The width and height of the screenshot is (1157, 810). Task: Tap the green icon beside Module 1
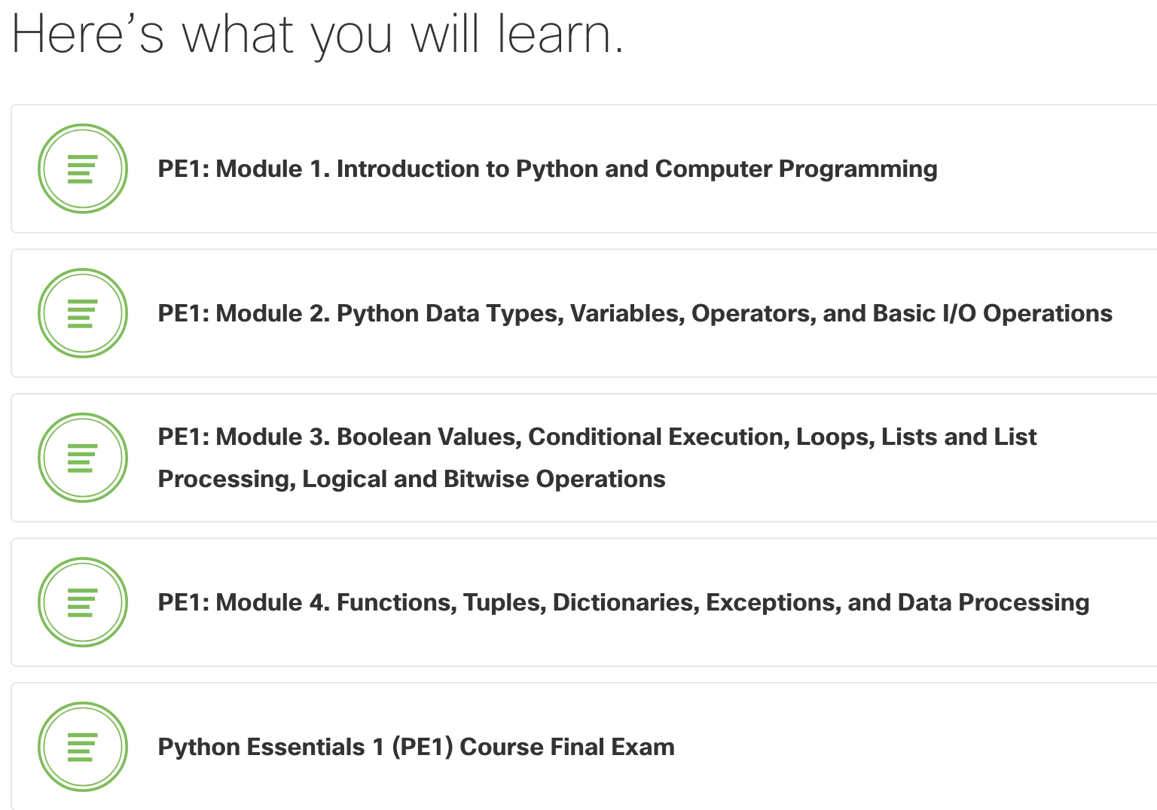click(83, 169)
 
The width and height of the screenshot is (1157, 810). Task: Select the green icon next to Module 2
click(83, 313)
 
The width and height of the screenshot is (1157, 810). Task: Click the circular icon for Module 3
click(83, 458)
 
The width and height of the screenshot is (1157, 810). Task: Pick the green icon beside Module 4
click(83, 602)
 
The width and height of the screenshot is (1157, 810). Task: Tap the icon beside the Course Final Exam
click(83, 747)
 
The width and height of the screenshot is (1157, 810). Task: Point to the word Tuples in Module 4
click(504, 602)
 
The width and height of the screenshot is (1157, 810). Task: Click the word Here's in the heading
click(87, 35)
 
